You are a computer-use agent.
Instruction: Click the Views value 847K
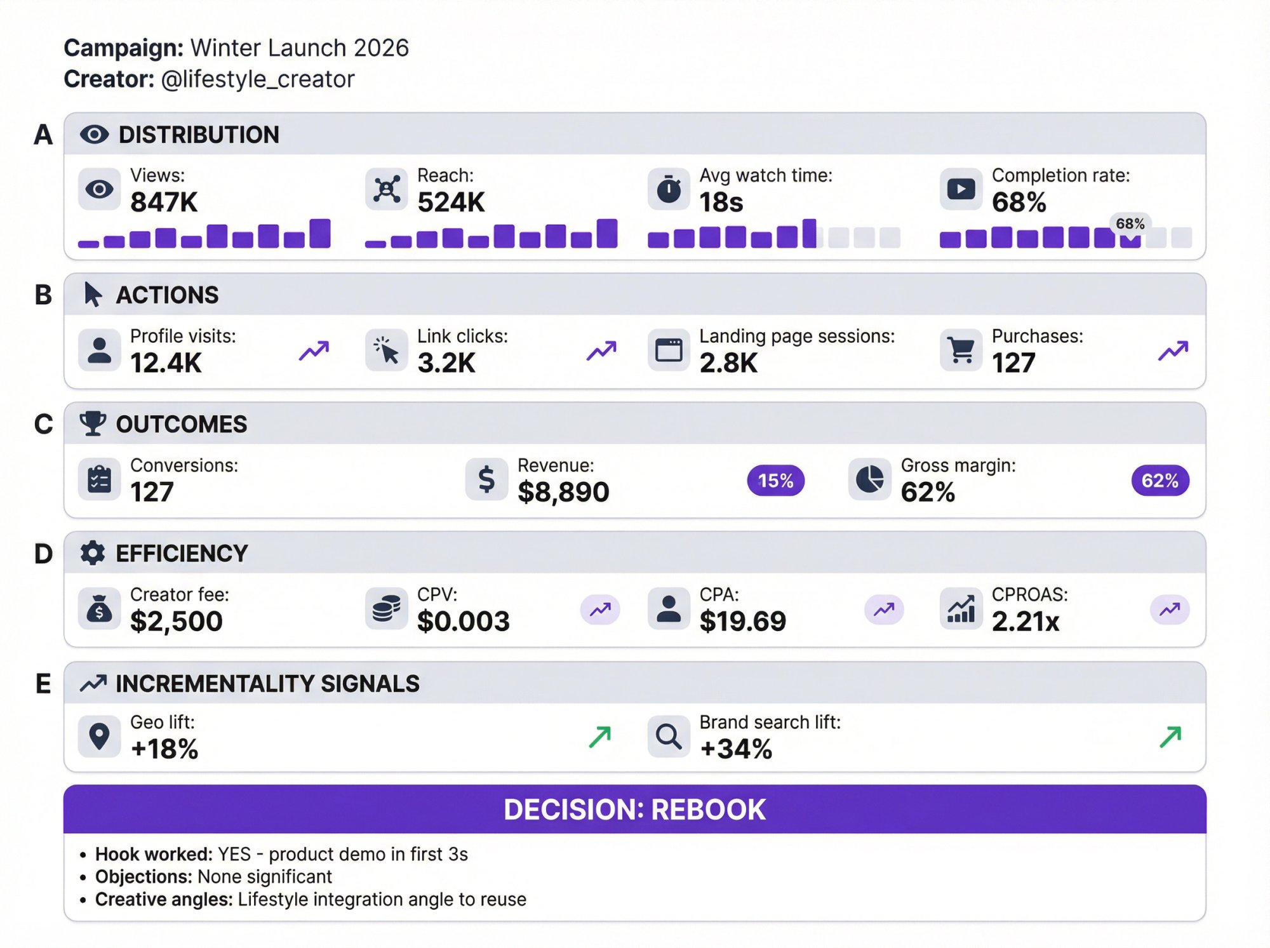[x=164, y=203]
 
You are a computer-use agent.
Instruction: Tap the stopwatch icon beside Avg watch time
[x=668, y=189]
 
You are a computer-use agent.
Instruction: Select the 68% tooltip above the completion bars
[x=1130, y=224]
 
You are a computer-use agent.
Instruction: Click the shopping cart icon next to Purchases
[x=961, y=350]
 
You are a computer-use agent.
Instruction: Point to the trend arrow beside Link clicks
[x=601, y=350]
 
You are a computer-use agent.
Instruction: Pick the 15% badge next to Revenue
[x=775, y=481]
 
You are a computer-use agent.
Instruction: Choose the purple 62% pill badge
[x=1160, y=481]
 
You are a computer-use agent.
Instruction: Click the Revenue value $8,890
[x=563, y=492]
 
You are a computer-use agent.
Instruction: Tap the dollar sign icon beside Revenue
[x=486, y=479]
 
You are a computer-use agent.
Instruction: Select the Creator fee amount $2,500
[x=176, y=621]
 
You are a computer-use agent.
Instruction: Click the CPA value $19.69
[x=742, y=621]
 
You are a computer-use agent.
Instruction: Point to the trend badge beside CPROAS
[x=1169, y=610]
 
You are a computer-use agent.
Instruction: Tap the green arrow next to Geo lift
[x=599, y=737]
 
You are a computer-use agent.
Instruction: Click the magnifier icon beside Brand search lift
[x=668, y=737]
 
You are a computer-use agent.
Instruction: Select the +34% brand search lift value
[x=735, y=749]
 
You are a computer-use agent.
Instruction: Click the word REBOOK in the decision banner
[x=708, y=810]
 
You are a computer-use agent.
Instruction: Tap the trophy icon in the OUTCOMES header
[x=93, y=424]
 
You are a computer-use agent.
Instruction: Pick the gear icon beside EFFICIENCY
[x=93, y=553]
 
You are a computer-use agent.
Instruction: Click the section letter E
[x=43, y=684]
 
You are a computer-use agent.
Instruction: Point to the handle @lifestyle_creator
[x=257, y=79]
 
